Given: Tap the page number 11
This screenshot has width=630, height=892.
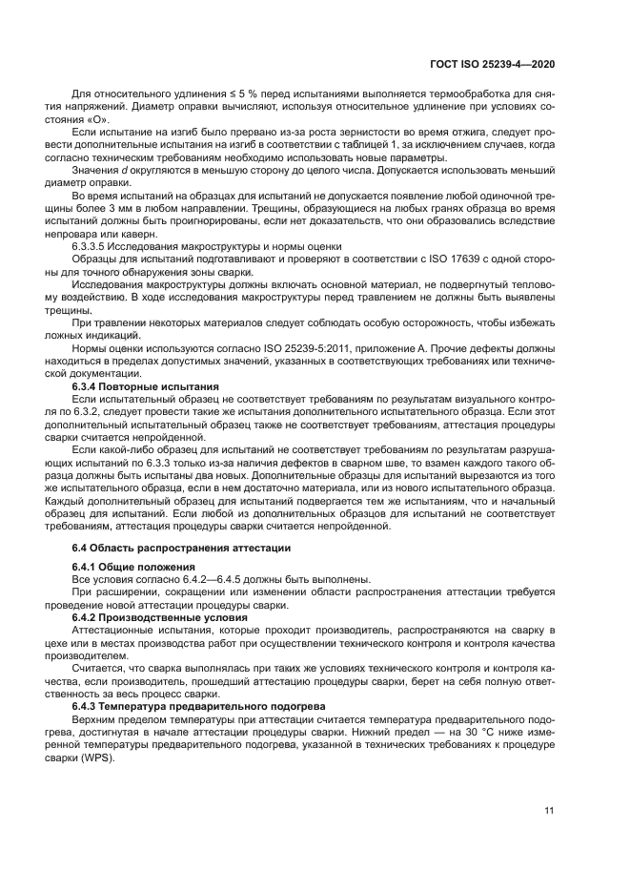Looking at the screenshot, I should (x=549, y=811).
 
